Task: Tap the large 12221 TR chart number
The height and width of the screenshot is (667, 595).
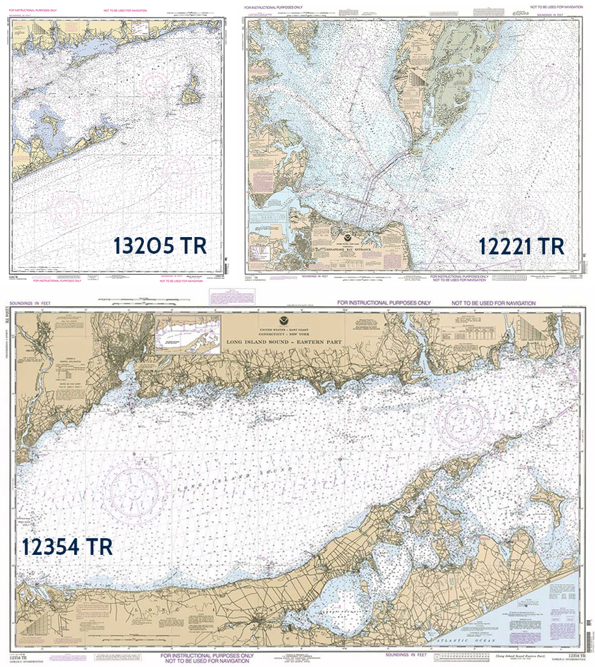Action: tap(521, 246)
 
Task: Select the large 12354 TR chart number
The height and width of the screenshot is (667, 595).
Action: tap(67, 546)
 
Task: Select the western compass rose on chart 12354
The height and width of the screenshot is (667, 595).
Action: tap(135, 488)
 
